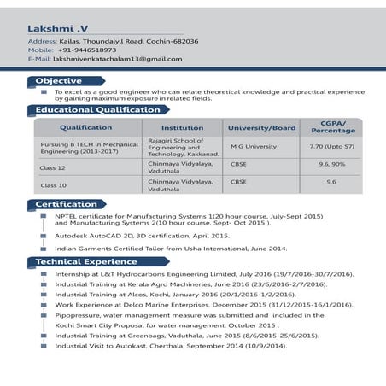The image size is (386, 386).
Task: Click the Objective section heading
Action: pos(59,80)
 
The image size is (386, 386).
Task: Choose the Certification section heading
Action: pos(66,204)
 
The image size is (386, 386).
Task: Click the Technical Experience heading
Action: pos(85,261)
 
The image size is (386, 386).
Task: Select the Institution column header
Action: pos(182,127)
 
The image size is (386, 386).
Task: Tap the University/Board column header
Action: pos(260,127)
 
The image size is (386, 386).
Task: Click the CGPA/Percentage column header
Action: pos(332,127)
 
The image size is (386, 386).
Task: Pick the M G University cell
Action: pos(254,146)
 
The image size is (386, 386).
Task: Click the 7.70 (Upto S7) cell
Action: pos(332,146)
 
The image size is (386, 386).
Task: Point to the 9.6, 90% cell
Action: pos(332,163)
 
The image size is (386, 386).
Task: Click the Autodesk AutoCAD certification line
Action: pos(142,235)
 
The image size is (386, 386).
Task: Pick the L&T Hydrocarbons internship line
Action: pos(203,274)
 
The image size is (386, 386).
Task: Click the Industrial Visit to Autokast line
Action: pos(171,346)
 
